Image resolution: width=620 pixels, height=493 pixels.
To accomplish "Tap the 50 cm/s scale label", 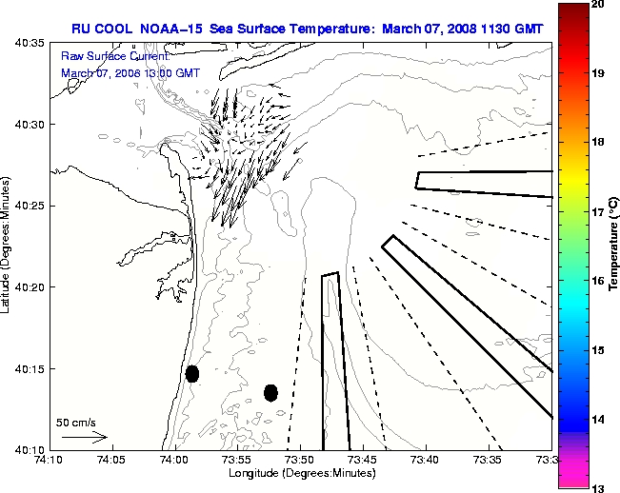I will click(x=76, y=422).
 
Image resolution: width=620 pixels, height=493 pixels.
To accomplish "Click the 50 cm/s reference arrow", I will click(x=84, y=437).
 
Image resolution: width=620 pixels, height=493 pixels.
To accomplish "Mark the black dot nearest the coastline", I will click(x=192, y=373).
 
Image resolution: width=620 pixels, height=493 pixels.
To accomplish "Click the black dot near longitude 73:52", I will click(x=270, y=392).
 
